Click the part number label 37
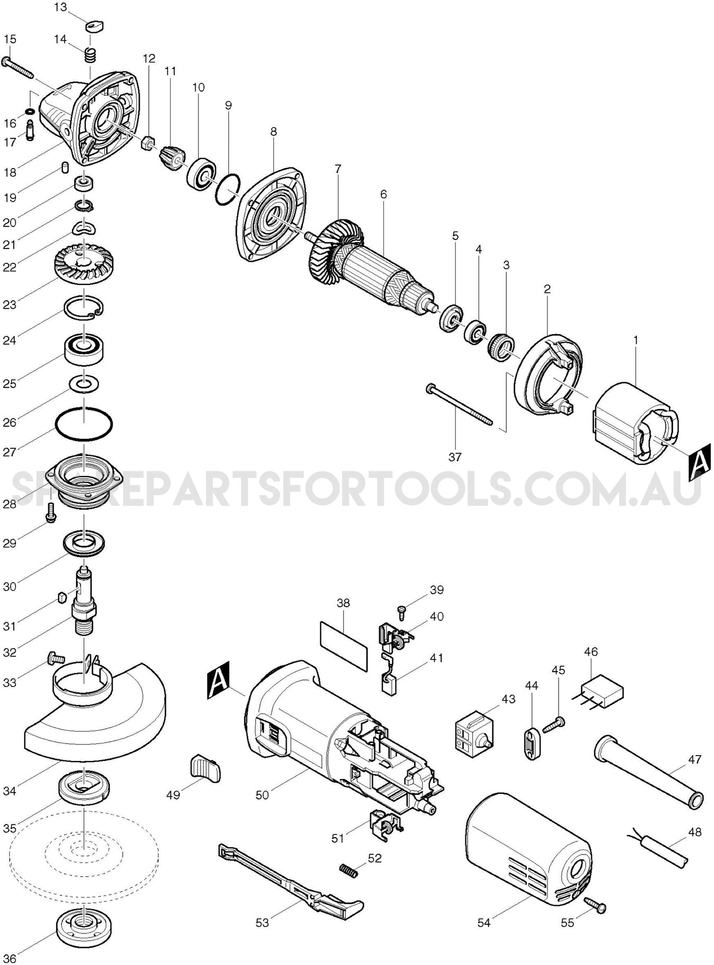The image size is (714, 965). coord(455,457)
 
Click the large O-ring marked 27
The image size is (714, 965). coord(84,424)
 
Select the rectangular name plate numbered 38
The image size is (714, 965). coord(344,646)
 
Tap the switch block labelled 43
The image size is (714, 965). coord(474,731)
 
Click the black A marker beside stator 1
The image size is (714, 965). coord(698,463)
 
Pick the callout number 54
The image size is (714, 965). coord(484,923)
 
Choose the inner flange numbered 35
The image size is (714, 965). coord(84,788)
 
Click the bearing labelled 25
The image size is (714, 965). coord(84,348)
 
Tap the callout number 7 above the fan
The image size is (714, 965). coord(338,169)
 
